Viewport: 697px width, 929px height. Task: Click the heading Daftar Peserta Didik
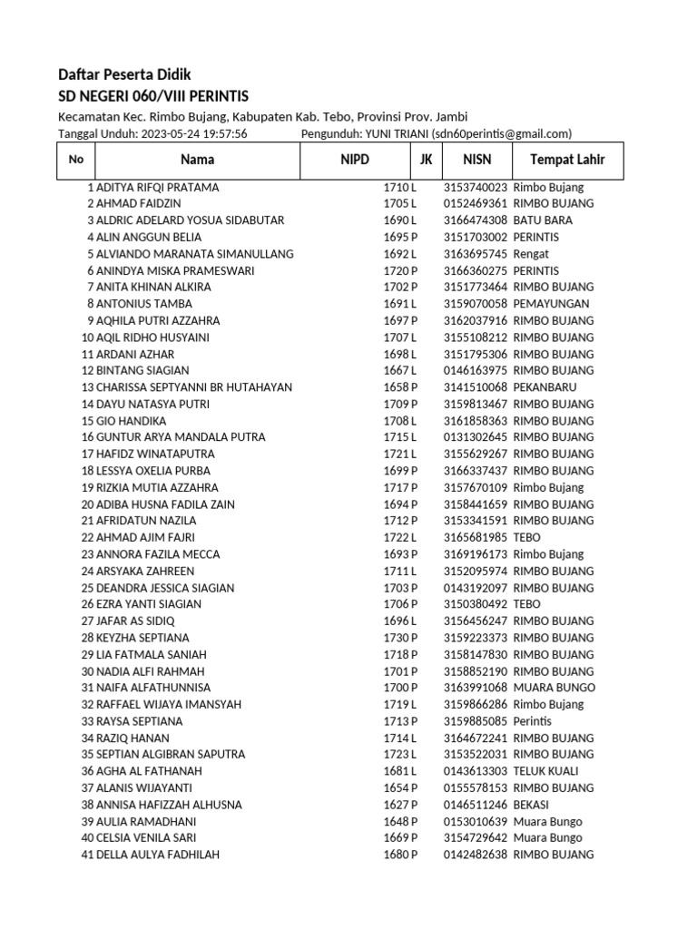coord(124,74)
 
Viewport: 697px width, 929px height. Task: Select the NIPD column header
coord(348,160)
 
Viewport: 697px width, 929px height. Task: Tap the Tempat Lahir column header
coord(560,160)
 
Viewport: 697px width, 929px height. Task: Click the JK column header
coord(426,160)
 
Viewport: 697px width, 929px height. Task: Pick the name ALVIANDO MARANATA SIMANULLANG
coord(194,254)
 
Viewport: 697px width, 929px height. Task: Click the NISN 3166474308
coord(476,220)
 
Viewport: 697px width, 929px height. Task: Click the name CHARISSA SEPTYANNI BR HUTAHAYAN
coord(194,387)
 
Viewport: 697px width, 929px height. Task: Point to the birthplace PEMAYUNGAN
coord(551,304)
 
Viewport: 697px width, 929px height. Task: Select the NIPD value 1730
coord(396,638)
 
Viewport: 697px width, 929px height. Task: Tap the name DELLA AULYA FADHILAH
coord(157,855)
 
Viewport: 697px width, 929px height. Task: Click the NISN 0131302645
coord(476,437)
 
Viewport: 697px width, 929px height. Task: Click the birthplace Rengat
coord(531,254)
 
